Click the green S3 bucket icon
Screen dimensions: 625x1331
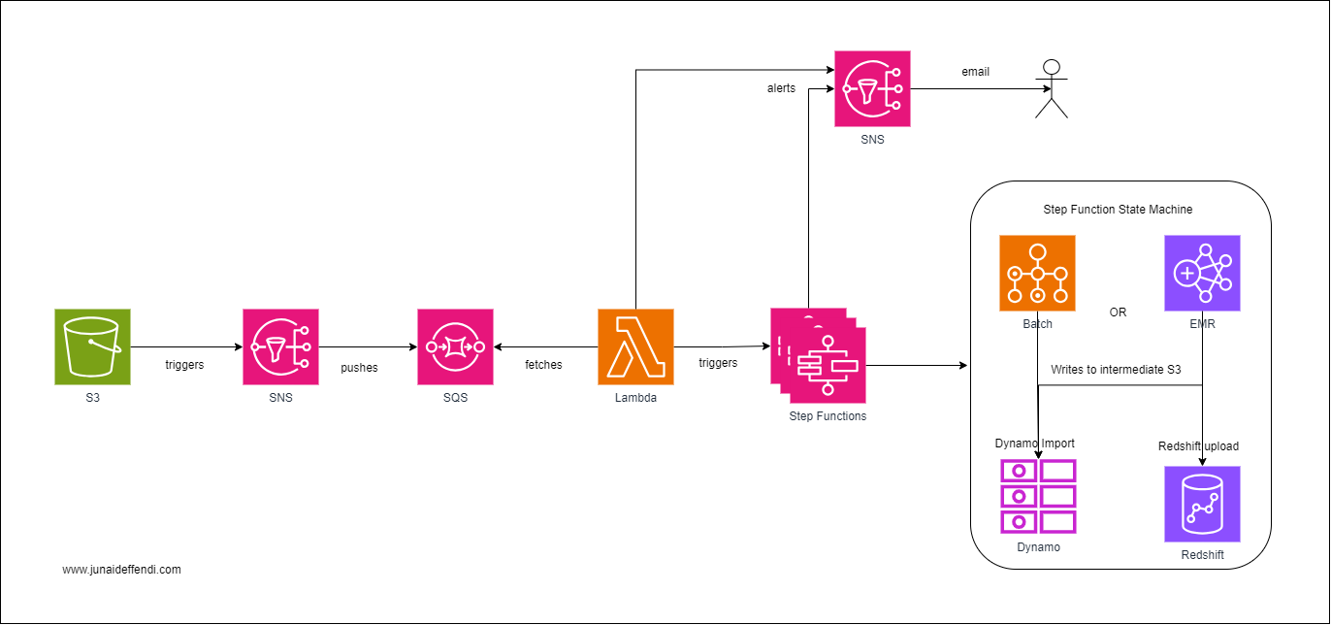[92, 346]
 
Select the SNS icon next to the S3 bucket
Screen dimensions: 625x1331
[280, 346]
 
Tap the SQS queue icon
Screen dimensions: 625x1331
[455, 346]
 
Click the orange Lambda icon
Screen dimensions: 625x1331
[635, 346]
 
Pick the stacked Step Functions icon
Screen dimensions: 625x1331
[818, 356]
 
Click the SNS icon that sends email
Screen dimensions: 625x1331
[872, 88]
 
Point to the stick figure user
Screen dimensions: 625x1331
[1051, 88]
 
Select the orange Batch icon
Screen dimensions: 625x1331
[1037, 273]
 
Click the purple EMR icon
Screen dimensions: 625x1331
[1202, 273]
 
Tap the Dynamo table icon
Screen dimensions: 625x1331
[1038, 496]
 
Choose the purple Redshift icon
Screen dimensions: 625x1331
[1202, 504]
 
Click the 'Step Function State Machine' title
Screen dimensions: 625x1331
[1118, 209]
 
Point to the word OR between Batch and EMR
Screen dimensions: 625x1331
[1118, 312]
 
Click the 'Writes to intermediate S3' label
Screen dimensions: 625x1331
[1116, 370]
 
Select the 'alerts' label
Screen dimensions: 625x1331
[781, 88]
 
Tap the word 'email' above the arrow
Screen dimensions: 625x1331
[975, 72]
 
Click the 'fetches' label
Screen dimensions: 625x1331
[543, 365]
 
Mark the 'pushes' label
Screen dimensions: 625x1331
[359, 368]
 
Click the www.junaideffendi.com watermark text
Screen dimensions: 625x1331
[121, 570]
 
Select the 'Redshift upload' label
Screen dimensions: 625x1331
[1198, 446]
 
